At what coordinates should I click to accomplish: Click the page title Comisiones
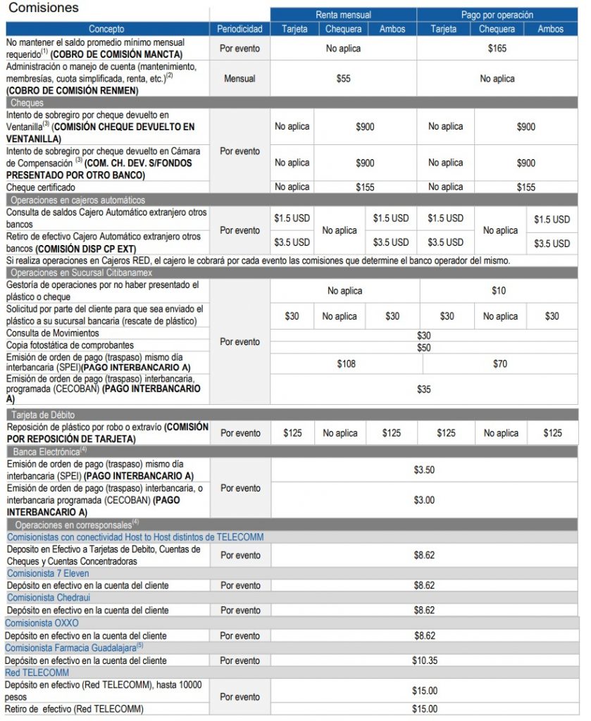pos(44,8)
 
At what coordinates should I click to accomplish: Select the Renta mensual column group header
pos(343,15)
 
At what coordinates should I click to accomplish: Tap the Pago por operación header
pos(497,15)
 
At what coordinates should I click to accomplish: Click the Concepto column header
pos(108,29)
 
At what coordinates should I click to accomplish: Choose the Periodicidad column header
pos(239,29)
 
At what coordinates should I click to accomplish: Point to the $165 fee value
pos(497,49)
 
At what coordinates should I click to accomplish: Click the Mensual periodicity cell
pos(239,79)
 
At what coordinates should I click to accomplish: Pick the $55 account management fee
pos(343,79)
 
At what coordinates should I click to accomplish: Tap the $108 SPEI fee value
pos(346,364)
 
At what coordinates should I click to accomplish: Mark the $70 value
pos(500,364)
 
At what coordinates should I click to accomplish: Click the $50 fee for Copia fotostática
pos(423,348)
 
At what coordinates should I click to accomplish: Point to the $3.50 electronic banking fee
pos(424,469)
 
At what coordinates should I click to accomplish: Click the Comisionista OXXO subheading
pos(42,623)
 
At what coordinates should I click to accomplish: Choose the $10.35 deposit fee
pos(424,660)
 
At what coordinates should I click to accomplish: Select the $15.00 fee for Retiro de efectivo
pos(424,709)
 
